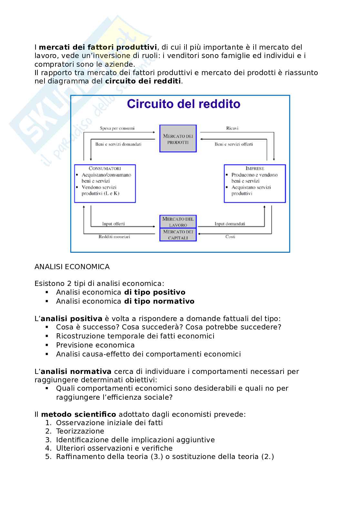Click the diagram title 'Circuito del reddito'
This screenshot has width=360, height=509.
pyautogui.click(x=183, y=104)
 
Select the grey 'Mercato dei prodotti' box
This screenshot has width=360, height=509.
pyautogui.click(x=178, y=139)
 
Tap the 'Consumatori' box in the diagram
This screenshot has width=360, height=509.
pyautogui.click(x=105, y=183)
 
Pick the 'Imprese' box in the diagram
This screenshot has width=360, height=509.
pyautogui.click(x=255, y=183)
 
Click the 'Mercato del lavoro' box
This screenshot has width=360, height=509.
pyautogui.click(x=178, y=222)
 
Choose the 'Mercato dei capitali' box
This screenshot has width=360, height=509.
pyautogui.click(x=178, y=235)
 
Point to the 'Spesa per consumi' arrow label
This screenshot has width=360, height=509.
pyautogui.click(x=117, y=128)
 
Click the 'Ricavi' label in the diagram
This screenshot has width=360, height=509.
pyautogui.click(x=232, y=128)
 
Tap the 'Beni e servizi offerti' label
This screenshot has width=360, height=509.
pyautogui.click(x=234, y=144)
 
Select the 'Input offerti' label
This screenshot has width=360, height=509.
pyautogui.click(x=113, y=224)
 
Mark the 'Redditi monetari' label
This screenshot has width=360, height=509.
pyautogui.click(x=114, y=237)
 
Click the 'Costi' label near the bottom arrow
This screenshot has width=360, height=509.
pyautogui.click(x=230, y=237)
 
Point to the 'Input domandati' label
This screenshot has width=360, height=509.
pyautogui.click(x=230, y=224)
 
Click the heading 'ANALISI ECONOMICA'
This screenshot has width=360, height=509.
pyautogui.click(x=72, y=267)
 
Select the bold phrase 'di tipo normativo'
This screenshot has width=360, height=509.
pyautogui.click(x=159, y=301)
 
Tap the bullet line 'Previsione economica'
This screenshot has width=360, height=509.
pyautogui.click(x=95, y=345)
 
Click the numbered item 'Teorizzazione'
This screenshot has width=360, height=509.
pyautogui.click(x=80, y=431)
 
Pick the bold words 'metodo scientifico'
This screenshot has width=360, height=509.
pyautogui.click(x=78, y=414)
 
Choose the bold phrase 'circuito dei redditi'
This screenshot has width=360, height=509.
pyautogui.click(x=143, y=81)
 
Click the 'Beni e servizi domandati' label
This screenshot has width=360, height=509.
pyautogui.click(x=118, y=144)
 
